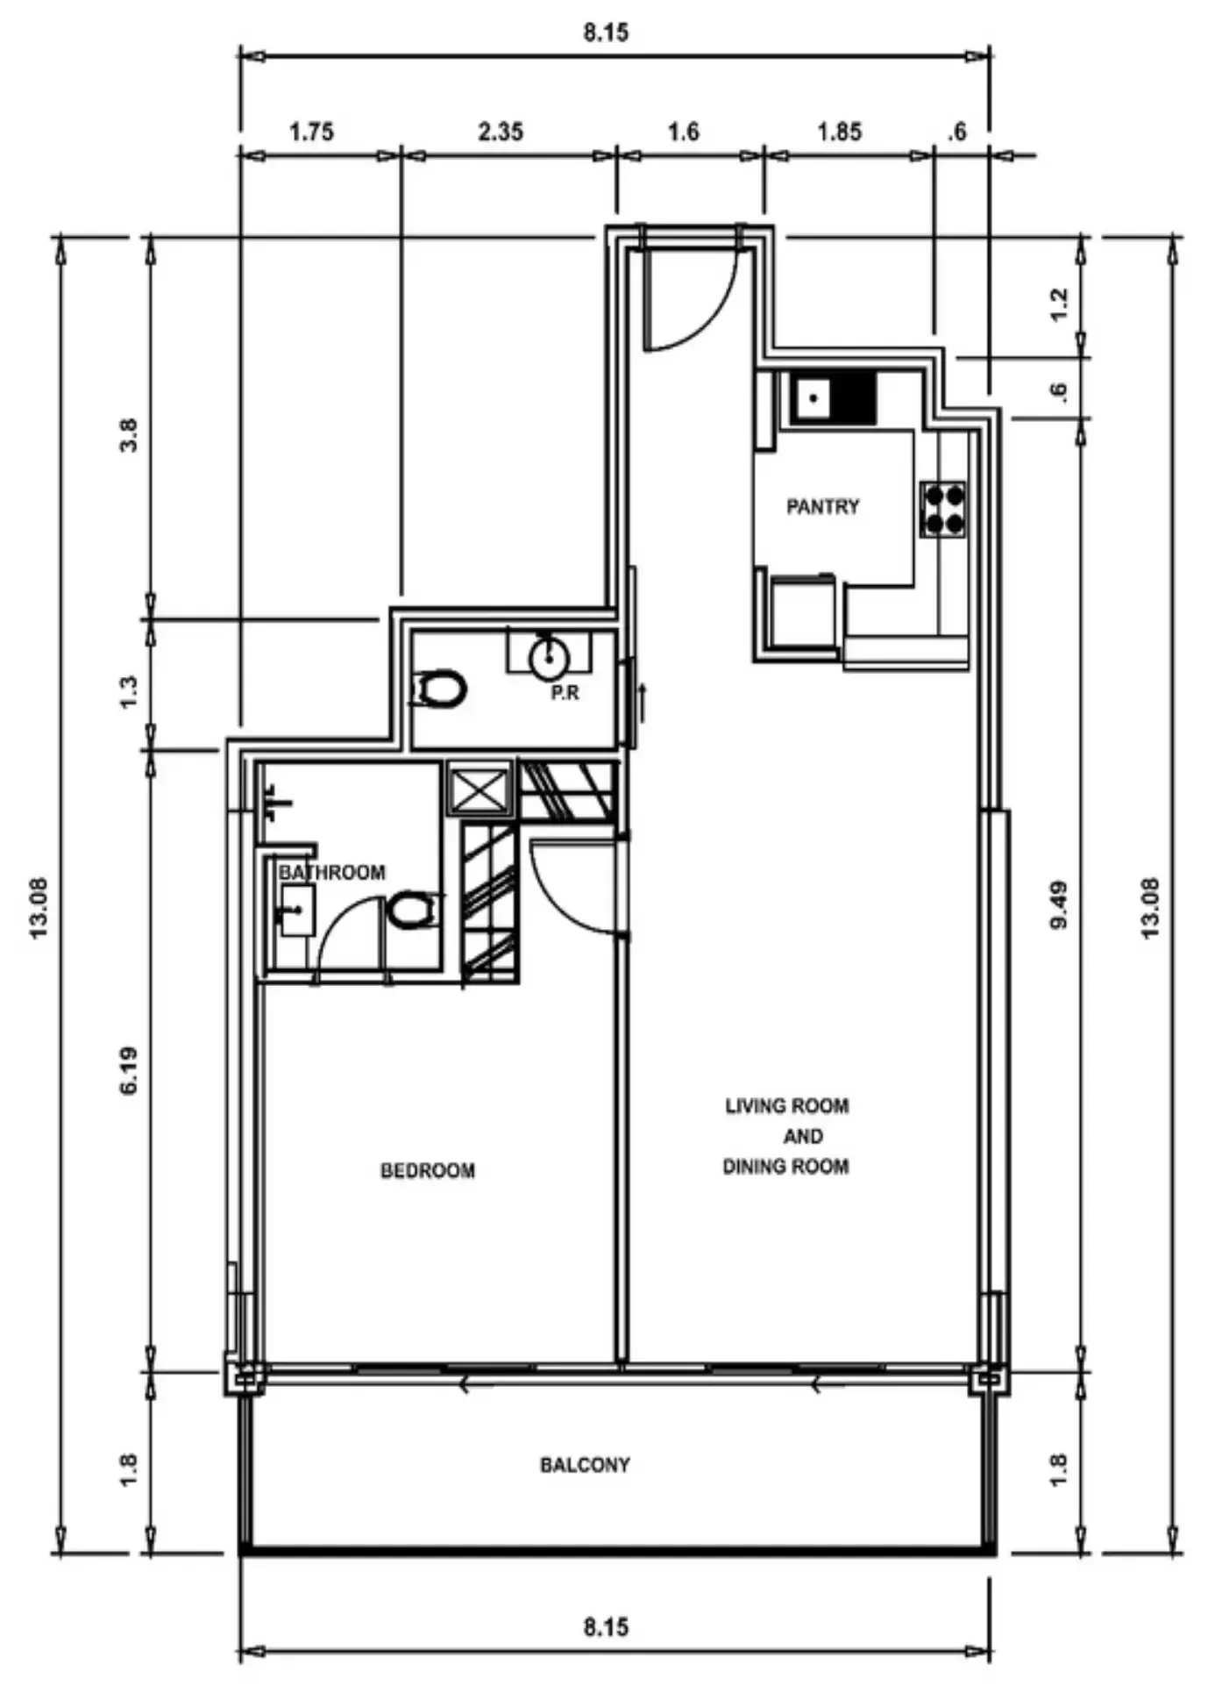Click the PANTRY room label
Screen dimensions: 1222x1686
click(822, 506)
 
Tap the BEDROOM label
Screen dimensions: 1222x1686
click(428, 1170)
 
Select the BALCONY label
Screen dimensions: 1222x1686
click(585, 1464)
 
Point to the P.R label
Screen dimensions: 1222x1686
click(565, 693)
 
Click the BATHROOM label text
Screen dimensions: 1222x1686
click(332, 872)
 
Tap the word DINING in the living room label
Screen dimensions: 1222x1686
click(755, 1166)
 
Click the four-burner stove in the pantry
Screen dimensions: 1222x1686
click(943, 509)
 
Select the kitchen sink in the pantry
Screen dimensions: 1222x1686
click(834, 398)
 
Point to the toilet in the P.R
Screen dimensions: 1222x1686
click(438, 689)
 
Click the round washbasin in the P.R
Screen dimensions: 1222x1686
click(550, 657)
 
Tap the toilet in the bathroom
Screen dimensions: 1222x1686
click(409, 910)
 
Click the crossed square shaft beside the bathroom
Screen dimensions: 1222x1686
click(479, 789)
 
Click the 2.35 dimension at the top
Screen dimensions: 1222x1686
click(501, 132)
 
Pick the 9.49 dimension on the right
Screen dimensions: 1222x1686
click(1060, 904)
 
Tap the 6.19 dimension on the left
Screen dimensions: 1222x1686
click(129, 1069)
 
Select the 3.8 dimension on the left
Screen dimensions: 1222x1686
click(129, 435)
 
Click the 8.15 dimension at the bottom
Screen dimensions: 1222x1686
click(606, 1627)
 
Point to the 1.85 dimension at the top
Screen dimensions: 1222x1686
click(840, 132)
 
